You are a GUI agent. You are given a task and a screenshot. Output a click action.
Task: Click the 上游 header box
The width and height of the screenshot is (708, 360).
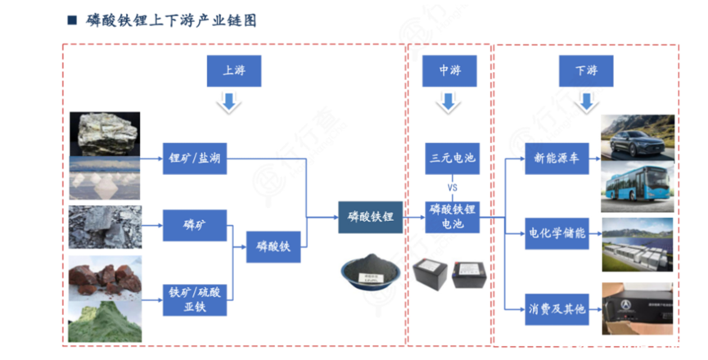[230, 71]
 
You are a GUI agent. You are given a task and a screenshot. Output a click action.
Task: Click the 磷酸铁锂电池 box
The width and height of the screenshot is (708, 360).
[452, 217]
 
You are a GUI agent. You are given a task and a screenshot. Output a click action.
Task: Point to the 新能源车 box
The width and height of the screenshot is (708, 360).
[557, 159]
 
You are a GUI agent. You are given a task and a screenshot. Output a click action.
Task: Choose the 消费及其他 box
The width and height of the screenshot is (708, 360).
[557, 308]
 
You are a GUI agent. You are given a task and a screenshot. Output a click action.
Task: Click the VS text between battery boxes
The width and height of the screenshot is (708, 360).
[452, 188]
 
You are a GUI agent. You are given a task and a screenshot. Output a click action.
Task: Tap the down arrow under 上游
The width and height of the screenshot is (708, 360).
[230, 102]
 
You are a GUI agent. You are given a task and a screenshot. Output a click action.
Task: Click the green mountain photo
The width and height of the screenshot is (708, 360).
[104, 322]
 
